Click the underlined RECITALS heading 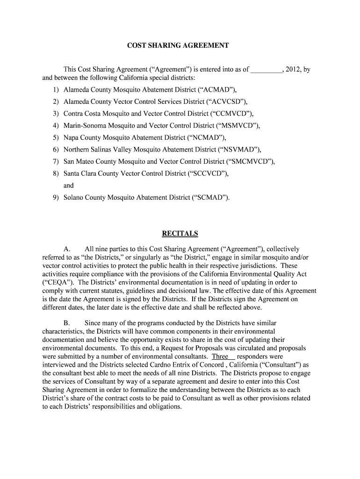click(x=180, y=233)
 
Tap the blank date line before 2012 click(x=266, y=70)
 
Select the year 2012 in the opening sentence click(x=293, y=70)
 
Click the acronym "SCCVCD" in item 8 click(x=207, y=174)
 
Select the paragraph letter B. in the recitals click(x=67, y=323)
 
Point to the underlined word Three click(x=221, y=356)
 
